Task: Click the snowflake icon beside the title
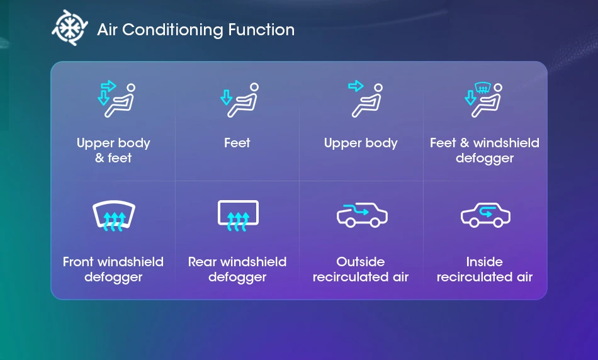click(70, 28)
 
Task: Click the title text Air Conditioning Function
click(196, 30)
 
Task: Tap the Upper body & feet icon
click(116, 98)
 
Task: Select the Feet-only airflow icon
click(239, 100)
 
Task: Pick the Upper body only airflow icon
click(365, 98)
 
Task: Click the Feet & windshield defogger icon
click(483, 99)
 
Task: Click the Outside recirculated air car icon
click(362, 215)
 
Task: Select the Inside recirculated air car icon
click(485, 215)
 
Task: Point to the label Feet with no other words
click(237, 143)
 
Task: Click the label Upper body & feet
click(113, 150)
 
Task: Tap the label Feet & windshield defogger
click(484, 150)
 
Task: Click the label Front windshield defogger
click(113, 269)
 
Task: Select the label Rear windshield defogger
click(237, 269)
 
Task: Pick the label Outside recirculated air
click(361, 269)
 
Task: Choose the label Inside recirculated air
click(484, 269)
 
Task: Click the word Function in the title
click(261, 30)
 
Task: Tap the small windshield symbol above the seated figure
click(482, 87)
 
